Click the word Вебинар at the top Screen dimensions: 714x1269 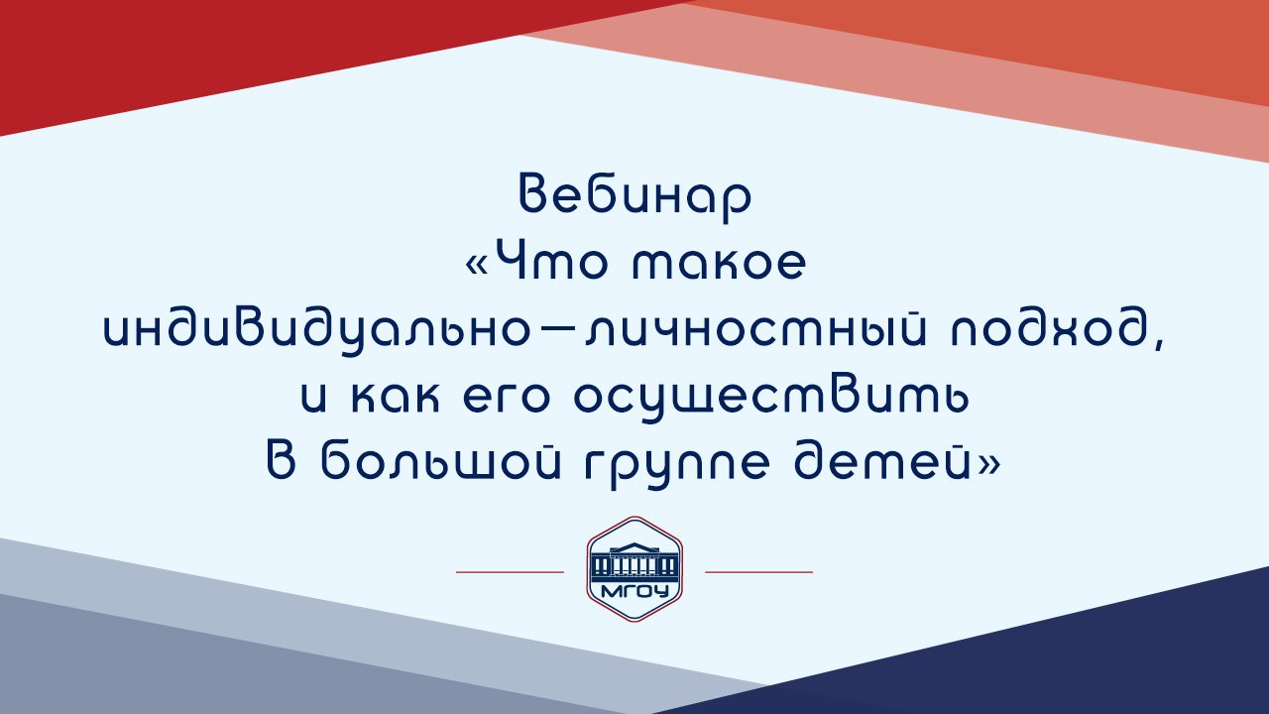pos(634,195)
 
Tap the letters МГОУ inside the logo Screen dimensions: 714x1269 pos(634,593)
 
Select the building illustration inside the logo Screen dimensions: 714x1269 pos(634,561)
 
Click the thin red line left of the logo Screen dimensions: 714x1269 pos(510,572)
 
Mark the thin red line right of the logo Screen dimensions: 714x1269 pos(758,572)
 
